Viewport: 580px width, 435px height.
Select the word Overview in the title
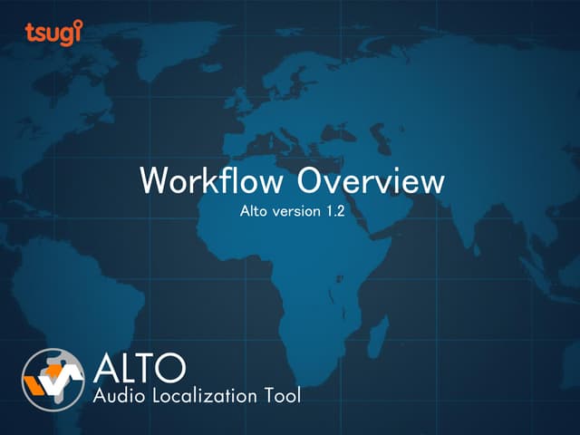[x=372, y=180]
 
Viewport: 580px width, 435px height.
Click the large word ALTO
[x=140, y=368]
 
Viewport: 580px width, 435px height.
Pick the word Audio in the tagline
[x=118, y=395]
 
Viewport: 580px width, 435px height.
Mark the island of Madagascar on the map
[x=382, y=324]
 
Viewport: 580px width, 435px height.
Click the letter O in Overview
[x=312, y=180]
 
